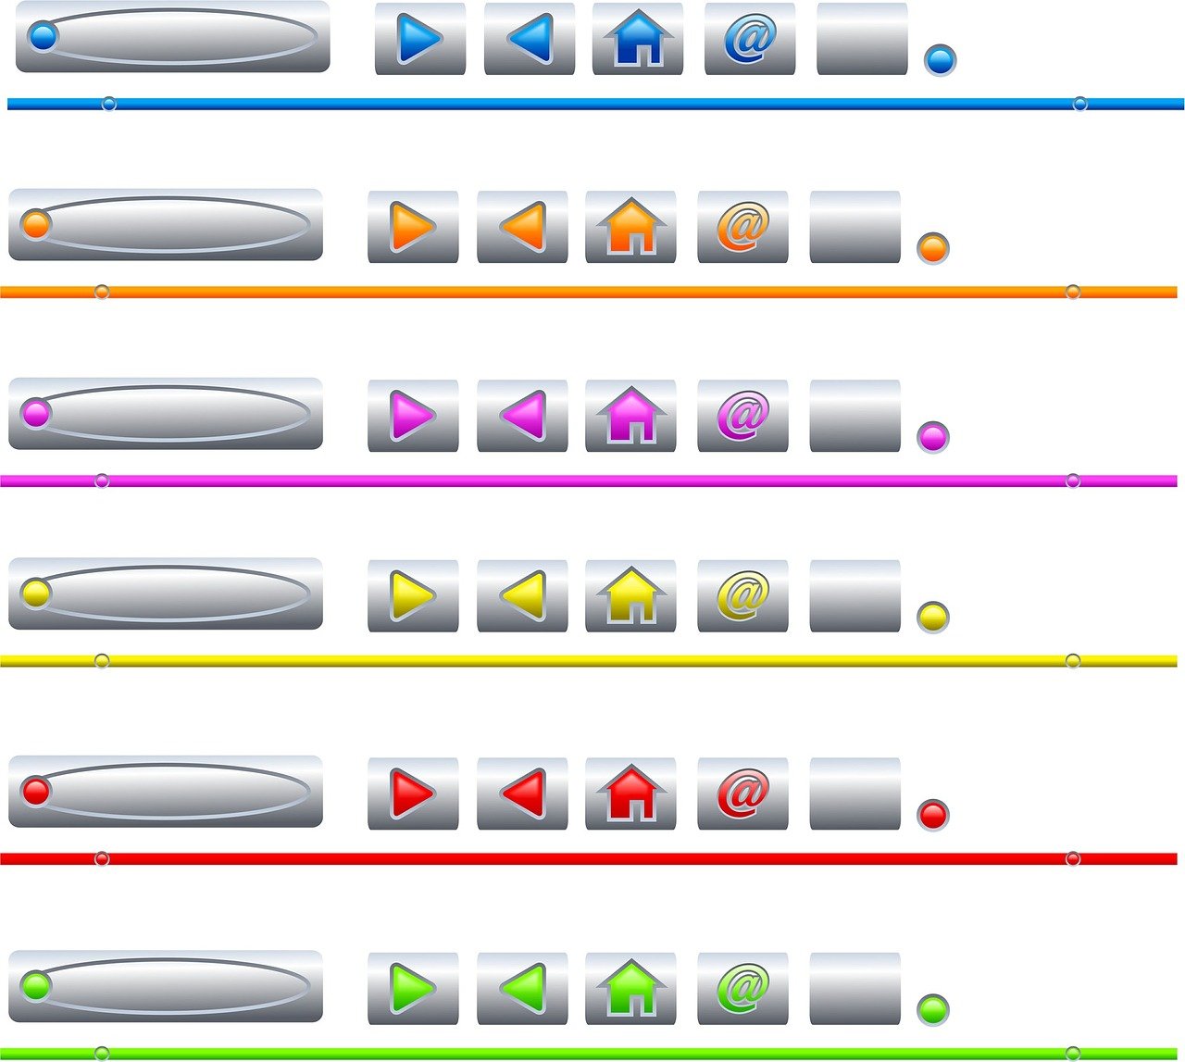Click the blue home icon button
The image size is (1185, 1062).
(x=638, y=39)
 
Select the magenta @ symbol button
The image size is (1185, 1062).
(x=742, y=416)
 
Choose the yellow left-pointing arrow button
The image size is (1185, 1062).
(x=523, y=596)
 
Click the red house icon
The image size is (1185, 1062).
(x=630, y=793)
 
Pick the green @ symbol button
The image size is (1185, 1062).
(x=742, y=989)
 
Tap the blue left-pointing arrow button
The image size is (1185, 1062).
(x=530, y=39)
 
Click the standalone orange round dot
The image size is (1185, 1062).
(x=933, y=248)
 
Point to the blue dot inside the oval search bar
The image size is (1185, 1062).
(x=43, y=37)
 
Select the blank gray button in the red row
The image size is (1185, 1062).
(x=854, y=793)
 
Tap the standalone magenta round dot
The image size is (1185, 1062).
(x=933, y=437)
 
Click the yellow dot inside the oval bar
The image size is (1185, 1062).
(x=35, y=593)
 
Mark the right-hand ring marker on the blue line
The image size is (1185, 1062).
(x=1079, y=104)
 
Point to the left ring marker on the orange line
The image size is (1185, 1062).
(x=102, y=292)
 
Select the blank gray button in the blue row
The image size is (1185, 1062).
(x=862, y=39)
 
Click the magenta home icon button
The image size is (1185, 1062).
(x=630, y=416)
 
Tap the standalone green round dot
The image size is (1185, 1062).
(x=933, y=1009)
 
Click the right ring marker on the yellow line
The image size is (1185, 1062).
(x=1073, y=661)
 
